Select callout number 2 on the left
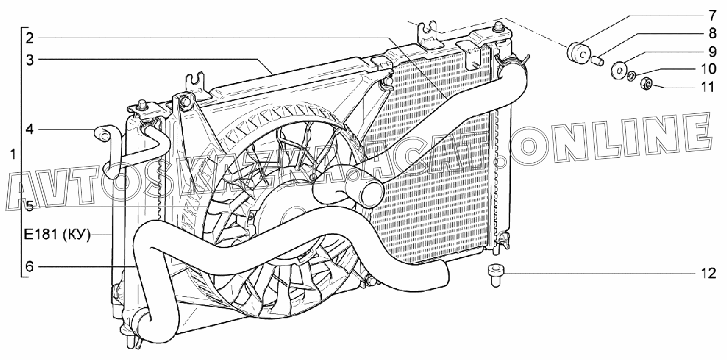[x=29, y=38]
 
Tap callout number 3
[x=29, y=59]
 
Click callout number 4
[x=29, y=130]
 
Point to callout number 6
[x=29, y=267]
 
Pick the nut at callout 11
[x=646, y=84]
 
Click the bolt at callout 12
[x=494, y=275]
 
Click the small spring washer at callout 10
[x=631, y=76]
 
